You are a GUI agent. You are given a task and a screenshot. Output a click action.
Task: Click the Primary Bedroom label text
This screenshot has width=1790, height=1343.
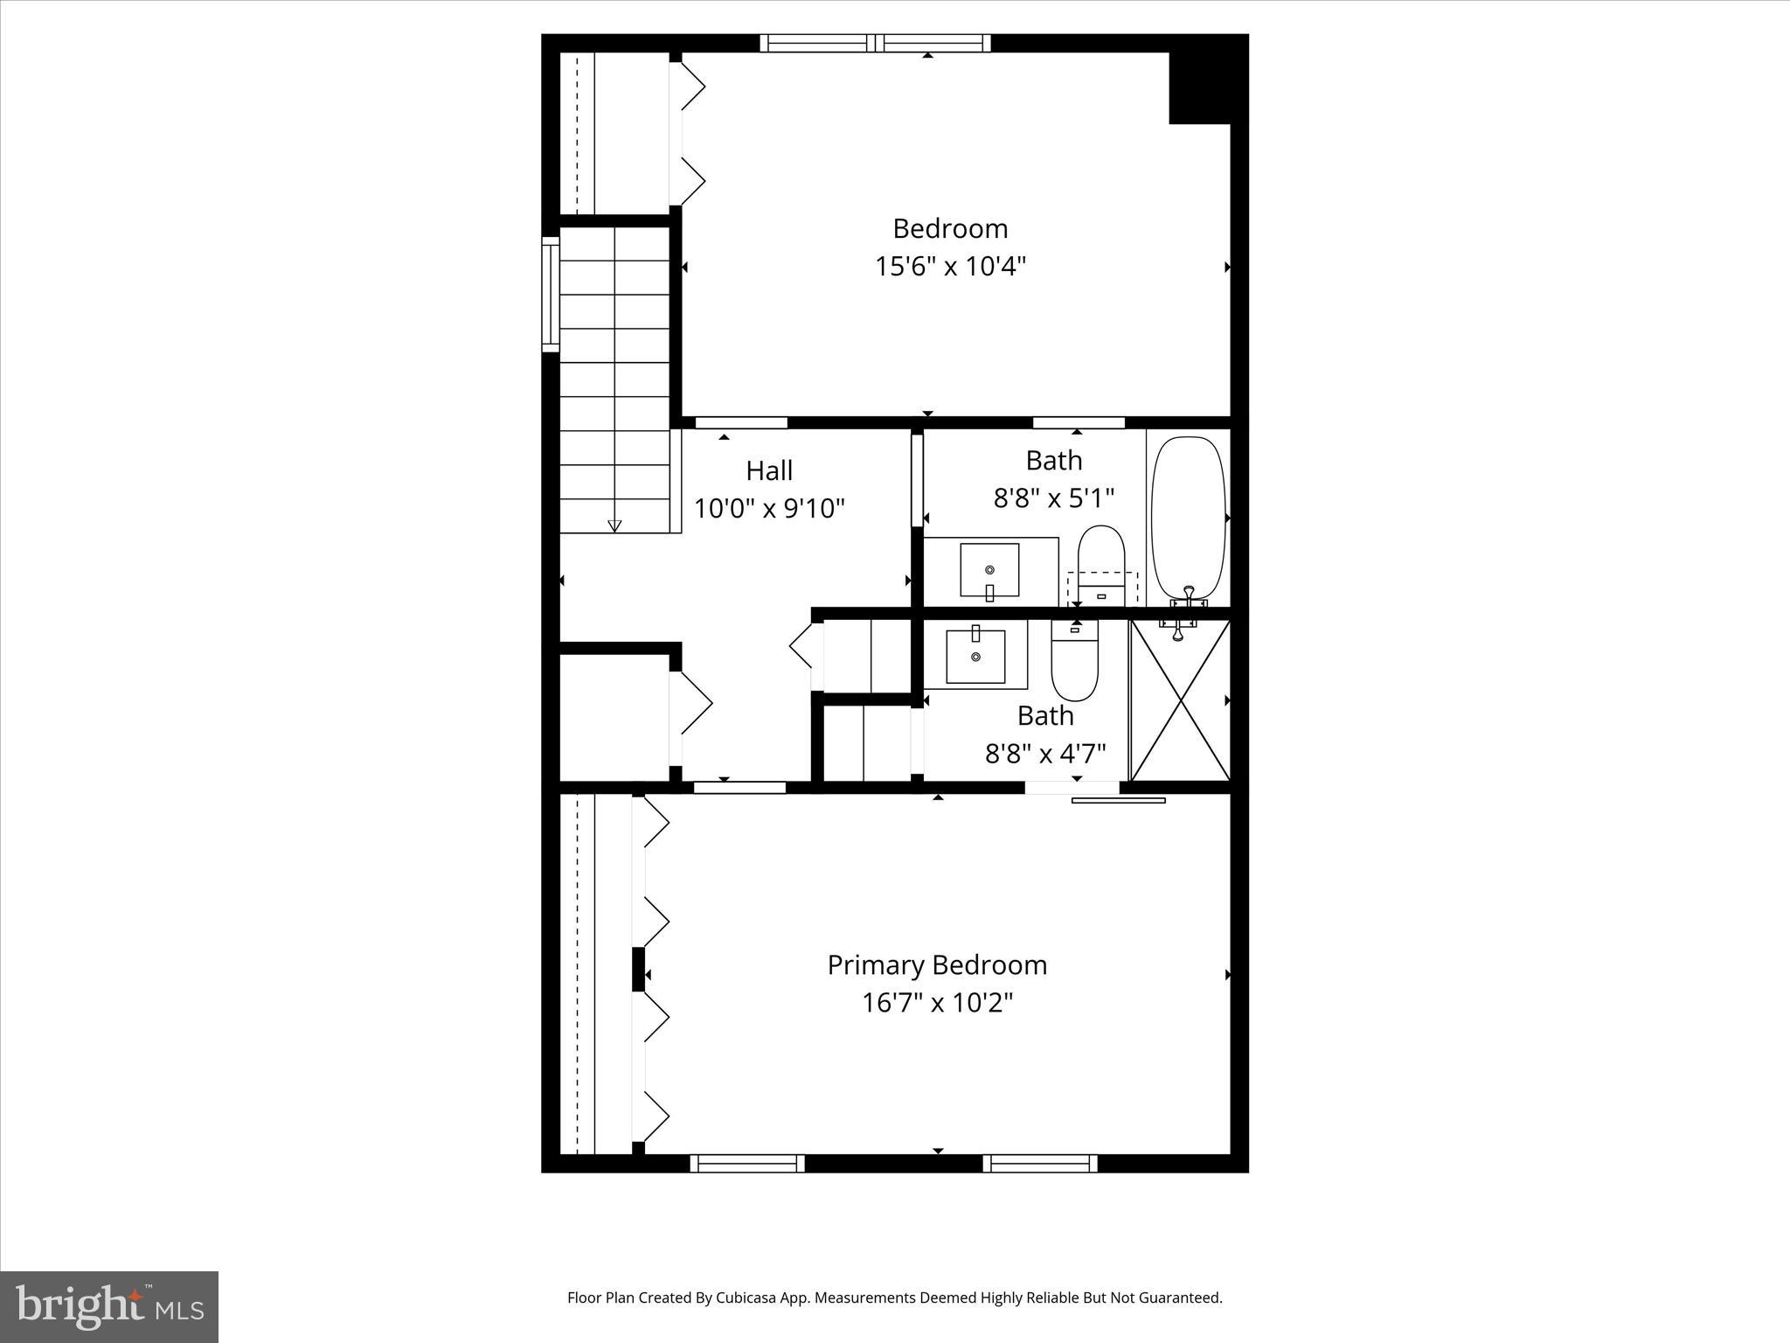pyautogui.click(x=937, y=964)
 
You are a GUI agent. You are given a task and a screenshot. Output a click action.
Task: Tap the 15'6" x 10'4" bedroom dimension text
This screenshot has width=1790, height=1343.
pyautogui.click(x=950, y=266)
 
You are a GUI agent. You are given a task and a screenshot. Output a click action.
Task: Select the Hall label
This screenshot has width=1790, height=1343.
pyautogui.click(x=769, y=470)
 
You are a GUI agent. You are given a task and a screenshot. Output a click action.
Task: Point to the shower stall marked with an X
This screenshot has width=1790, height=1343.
pyautogui.click(x=1181, y=700)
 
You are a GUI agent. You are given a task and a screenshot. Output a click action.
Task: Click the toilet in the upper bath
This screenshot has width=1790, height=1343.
pyautogui.click(x=1100, y=560)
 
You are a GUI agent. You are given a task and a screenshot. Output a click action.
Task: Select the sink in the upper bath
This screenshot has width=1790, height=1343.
pyautogui.click(x=989, y=569)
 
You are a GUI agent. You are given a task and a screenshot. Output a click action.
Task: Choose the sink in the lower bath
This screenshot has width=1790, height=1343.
pyautogui.click(x=975, y=656)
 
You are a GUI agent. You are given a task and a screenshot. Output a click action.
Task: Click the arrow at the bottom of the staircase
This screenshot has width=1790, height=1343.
pyautogui.click(x=614, y=525)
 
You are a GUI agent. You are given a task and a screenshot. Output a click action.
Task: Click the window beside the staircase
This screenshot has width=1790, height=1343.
pyautogui.click(x=551, y=294)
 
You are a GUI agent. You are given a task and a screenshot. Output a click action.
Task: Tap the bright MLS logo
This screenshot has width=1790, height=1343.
pyautogui.click(x=109, y=1306)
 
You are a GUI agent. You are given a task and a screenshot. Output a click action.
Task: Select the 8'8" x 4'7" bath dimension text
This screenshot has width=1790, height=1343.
pyautogui.click(x=1045, y=752)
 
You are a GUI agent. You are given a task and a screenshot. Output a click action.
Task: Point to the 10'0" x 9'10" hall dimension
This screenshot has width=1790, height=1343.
pyautogui.click(x=769, y=508)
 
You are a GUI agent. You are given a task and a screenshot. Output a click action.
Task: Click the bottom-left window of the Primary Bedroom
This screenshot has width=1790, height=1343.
pyautogui.click(x=747, y=1163)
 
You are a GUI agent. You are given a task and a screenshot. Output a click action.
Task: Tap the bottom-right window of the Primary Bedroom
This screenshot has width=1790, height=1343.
pyautogui.click(x=1040, y=1163)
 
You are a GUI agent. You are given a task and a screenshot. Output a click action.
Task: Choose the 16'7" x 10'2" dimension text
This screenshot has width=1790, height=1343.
pyautogui.click(x=937, y=1002)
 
